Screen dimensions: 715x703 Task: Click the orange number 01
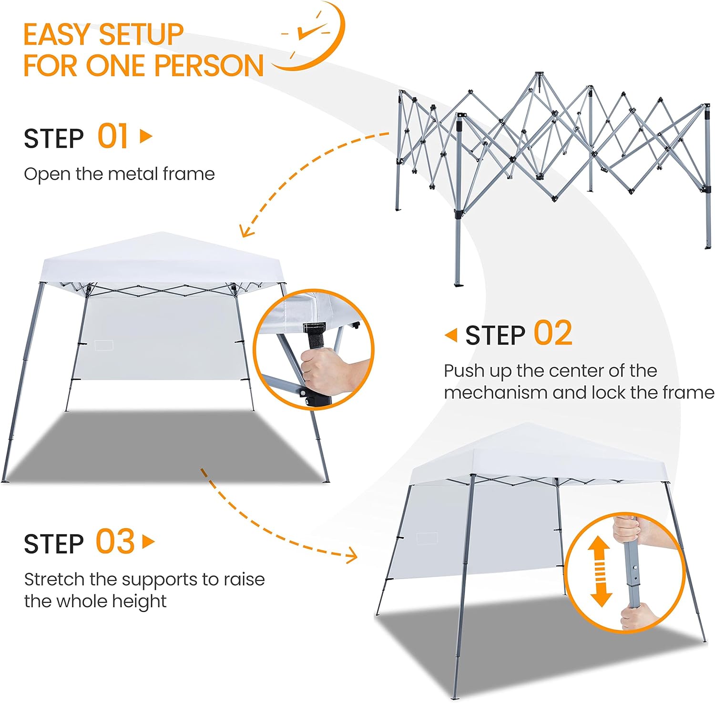coord(112,136)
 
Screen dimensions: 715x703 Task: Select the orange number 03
coord(115,541)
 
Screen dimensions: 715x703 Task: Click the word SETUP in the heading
coord(142,35)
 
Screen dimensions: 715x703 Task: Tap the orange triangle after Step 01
coord(146,136)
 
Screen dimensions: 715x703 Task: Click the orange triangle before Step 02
coord(451,335)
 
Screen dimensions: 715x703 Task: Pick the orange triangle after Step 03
coord(149,542)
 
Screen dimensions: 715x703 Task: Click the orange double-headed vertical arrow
coord(600,571)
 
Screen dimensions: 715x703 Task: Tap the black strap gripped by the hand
coord(315,336)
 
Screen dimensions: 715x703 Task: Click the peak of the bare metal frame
coord(539,73)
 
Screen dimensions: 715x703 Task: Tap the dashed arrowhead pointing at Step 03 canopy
coord(352,555)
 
